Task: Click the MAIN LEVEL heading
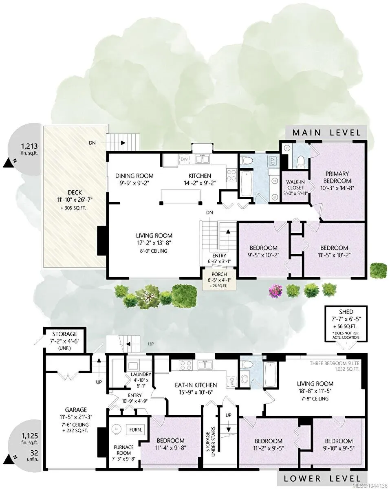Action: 326,132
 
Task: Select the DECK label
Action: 75,192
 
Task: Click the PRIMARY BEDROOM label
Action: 337,177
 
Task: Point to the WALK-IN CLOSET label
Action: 295,185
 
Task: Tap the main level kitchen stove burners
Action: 231,175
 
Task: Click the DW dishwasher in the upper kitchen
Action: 184,159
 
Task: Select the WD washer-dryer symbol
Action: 272,161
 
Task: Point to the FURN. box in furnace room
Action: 135,430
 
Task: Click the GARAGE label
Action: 76,410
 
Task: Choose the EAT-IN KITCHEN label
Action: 196,385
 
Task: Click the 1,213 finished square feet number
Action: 29,146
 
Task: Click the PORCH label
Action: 219,274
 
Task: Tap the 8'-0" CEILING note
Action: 154,251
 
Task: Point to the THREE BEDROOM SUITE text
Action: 334,363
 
